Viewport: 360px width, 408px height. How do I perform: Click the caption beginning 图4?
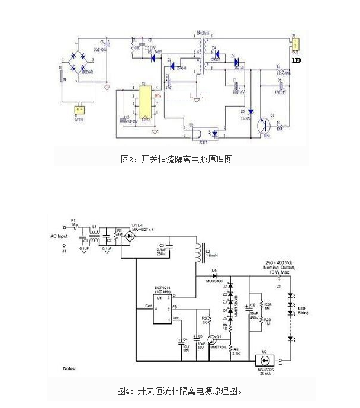(x=180, y=391)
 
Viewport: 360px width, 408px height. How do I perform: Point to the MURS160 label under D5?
(x=214, y=281)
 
